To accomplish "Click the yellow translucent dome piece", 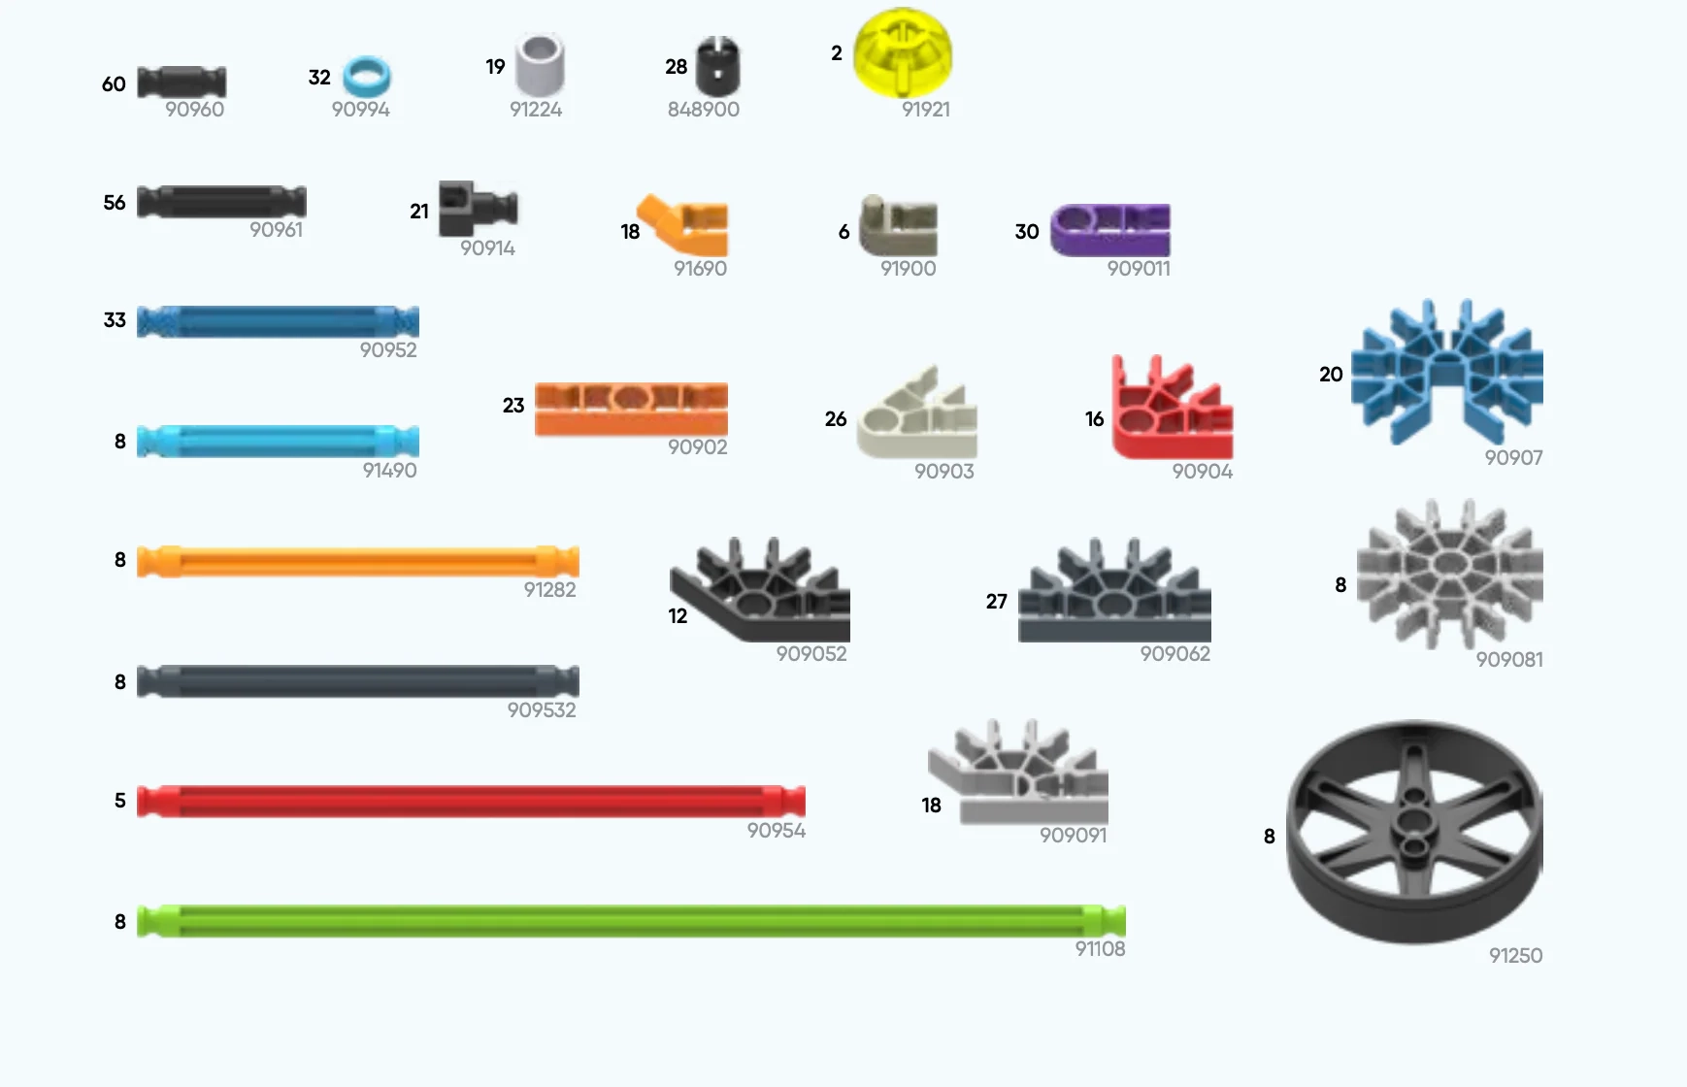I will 902,53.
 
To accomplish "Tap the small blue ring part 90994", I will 367,76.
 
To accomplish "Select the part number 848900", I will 703,110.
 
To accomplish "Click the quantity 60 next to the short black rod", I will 114,84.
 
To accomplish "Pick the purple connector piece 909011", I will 1109,230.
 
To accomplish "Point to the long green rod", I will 631,921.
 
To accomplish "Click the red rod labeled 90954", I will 471,801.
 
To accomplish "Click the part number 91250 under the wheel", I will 1515,956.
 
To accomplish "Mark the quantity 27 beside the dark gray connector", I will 996,602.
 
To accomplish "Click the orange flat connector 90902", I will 631,408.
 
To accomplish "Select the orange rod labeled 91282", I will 357,561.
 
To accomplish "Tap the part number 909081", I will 1508,660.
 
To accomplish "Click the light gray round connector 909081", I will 1448,573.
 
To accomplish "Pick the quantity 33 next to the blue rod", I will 115,320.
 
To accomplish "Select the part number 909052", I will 810,654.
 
